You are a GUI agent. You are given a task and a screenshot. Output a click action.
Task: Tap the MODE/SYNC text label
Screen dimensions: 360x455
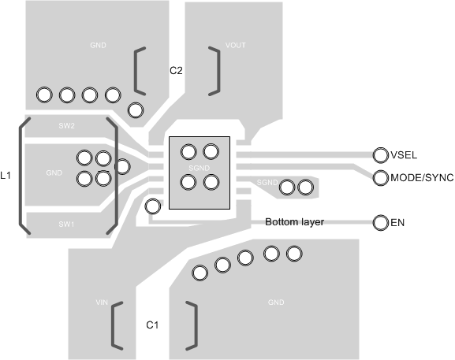click(422, 178)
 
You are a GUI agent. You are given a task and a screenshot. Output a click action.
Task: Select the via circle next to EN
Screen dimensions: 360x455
click(380, 223)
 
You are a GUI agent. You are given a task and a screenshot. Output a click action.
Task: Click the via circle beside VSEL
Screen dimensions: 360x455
click(380, 154)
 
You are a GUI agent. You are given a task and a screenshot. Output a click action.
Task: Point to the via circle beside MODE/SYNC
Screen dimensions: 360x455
click(380, 178)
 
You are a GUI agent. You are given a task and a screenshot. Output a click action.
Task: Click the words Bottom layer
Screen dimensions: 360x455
click(294, 222)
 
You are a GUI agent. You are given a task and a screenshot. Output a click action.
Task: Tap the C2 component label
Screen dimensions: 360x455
click(177, 71)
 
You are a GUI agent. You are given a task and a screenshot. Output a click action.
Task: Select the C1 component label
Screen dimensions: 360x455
click(153, 325)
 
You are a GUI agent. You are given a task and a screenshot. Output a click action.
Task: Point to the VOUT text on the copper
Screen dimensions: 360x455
click(235, 46)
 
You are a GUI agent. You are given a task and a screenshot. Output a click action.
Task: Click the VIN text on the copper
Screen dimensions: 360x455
click(101, 302)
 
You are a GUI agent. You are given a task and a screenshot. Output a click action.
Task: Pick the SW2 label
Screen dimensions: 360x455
click(66, 126)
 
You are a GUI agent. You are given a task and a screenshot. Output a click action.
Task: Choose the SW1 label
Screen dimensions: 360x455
click(66, 224)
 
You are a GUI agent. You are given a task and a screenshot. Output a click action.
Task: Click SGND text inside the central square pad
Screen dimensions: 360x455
click(200, 168)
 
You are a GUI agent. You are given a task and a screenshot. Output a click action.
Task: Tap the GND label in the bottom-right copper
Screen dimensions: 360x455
click(276, 302)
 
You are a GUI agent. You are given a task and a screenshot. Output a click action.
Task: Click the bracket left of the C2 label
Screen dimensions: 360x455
click(139, 70)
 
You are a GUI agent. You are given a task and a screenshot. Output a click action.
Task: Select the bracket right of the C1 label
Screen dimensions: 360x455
click(192, 324)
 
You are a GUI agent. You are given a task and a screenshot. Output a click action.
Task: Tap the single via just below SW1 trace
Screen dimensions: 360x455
click(153, 207)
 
